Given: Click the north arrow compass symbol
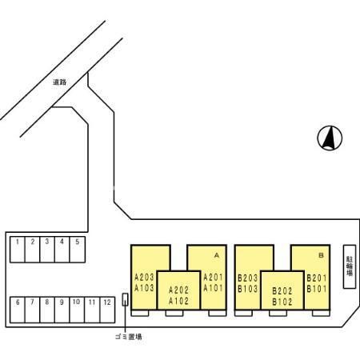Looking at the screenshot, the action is [330, 138].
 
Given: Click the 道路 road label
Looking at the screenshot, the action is [59, 82].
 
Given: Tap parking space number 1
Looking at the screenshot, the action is [18, 250].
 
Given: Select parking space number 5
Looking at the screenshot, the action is [78, 250].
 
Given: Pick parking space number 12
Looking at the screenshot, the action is [107, 310].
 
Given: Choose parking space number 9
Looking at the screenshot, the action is [62, 310].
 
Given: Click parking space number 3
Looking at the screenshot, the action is [47, 250].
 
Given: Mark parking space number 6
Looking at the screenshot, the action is [18, 310].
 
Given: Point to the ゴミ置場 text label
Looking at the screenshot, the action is [129, 337].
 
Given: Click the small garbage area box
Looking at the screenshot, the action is [125, 299].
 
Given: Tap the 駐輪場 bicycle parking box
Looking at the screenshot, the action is [350, 266].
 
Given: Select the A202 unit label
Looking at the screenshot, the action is [178, 290].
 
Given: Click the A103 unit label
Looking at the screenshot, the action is [144, 288].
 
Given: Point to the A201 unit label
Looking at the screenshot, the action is [213, 278].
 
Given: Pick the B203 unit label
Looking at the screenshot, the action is [248, 278].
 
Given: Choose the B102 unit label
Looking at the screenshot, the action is [282, 302].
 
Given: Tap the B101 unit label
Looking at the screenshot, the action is [317, 289].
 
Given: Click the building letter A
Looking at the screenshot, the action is [217, 255].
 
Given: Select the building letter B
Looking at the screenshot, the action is [321, 255].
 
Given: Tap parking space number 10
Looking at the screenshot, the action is [77, 310].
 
